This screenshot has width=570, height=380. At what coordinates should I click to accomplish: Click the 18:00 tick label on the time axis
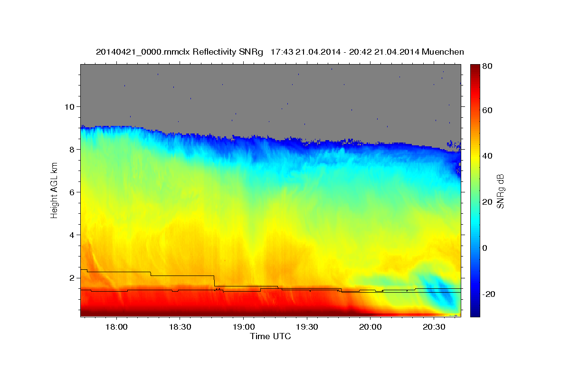click(116, 327)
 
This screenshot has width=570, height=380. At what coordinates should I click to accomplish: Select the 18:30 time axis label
click(180, 327)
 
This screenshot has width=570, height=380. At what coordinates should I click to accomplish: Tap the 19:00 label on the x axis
click(244, 327)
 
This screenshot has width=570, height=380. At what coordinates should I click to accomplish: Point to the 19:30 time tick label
click(307, 327)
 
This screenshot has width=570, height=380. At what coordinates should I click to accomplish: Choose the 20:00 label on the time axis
click(370, 327)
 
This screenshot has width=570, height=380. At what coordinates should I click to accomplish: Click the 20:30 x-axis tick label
click(434, 327)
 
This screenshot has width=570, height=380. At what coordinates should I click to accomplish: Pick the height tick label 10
click(69, 107)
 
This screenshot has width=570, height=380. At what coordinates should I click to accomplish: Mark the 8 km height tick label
click(72, 150)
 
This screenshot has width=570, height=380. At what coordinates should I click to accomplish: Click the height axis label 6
click(72, 192)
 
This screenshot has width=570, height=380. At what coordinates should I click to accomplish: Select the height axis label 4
click(72, 235)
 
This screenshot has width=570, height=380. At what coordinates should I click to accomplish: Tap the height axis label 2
click(72, 278)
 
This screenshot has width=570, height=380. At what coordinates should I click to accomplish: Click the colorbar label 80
click(487, 66)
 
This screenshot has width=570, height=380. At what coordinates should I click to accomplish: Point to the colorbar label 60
click(487, 111)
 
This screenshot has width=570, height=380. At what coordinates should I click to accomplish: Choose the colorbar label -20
click(489, 294)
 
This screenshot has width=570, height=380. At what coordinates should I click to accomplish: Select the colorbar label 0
click(484, 248)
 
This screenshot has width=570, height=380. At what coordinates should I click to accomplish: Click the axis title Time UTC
click(270, 336)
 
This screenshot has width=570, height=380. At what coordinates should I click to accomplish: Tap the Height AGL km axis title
click(54, 190)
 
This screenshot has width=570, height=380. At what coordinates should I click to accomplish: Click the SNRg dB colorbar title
click(500, 191)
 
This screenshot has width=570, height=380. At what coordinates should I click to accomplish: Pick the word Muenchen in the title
click(443, 52)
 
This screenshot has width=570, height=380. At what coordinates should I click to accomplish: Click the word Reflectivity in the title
click(214, 52)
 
